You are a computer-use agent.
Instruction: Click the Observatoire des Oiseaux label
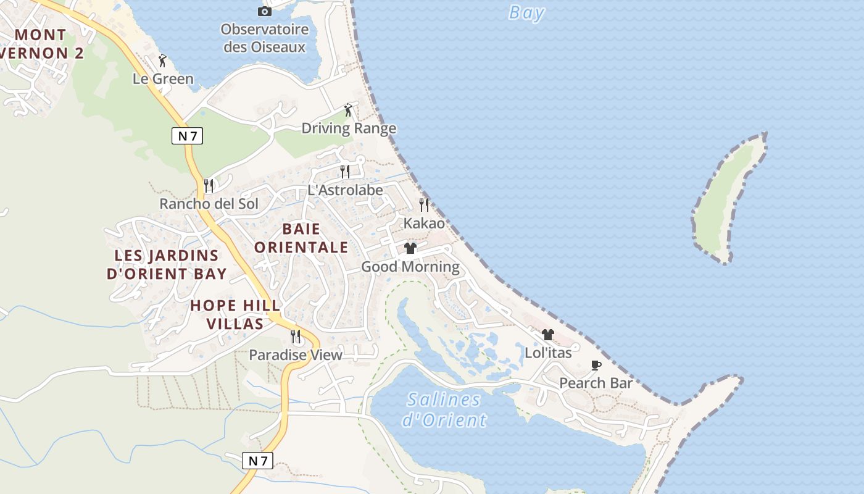click(264, 38)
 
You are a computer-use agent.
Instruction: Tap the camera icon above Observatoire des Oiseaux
click(264, 11)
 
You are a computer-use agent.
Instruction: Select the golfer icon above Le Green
click(162, 61)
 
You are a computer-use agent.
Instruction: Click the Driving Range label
click(349, 128)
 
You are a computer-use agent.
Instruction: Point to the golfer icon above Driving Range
click(348, 110)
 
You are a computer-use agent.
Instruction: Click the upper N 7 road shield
click(187, 136)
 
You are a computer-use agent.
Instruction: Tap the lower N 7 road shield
click(257, 461)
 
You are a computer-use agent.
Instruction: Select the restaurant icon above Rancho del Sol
click(209, 185)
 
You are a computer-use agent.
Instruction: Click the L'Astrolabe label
click(345, 190)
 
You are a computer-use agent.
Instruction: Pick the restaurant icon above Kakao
click(424, 204)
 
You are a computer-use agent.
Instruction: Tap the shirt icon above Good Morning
click(410, 248)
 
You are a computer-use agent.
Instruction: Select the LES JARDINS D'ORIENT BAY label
click(167, 264)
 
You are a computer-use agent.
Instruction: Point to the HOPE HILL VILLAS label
click(235, 314)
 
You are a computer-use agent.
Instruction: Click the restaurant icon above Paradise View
click(296, 337)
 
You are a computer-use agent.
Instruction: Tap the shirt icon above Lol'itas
click(548, 335)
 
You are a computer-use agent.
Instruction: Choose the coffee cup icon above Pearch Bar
click(596, 365)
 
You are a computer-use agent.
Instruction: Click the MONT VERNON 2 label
click(40, 44)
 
